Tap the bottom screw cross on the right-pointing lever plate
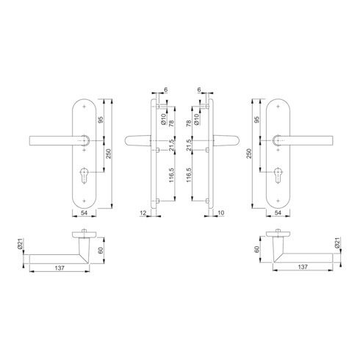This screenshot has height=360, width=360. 276,201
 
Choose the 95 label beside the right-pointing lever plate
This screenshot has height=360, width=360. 257,120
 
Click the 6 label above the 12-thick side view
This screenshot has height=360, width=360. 166,90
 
